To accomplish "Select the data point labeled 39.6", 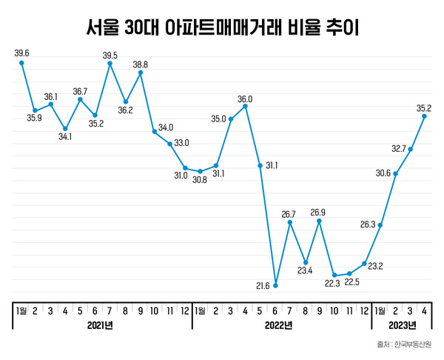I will (x=21, y=63).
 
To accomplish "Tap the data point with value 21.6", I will (x=275, y=285).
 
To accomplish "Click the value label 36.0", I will (x=245, y=99).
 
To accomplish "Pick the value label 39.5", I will (x=110, y=55).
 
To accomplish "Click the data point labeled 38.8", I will (x=141, y=73).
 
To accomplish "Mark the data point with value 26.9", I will (x=320, y=221).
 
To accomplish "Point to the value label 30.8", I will (x=200, y=180).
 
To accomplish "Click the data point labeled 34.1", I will (x=65, y=129).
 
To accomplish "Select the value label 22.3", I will (x=334, y=284).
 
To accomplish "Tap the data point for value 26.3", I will (x=380, y=224).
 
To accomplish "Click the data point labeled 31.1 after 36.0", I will (x=260, y=165).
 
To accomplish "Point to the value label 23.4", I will (x=305, y=270).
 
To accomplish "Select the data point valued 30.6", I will (x=396, y=173).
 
